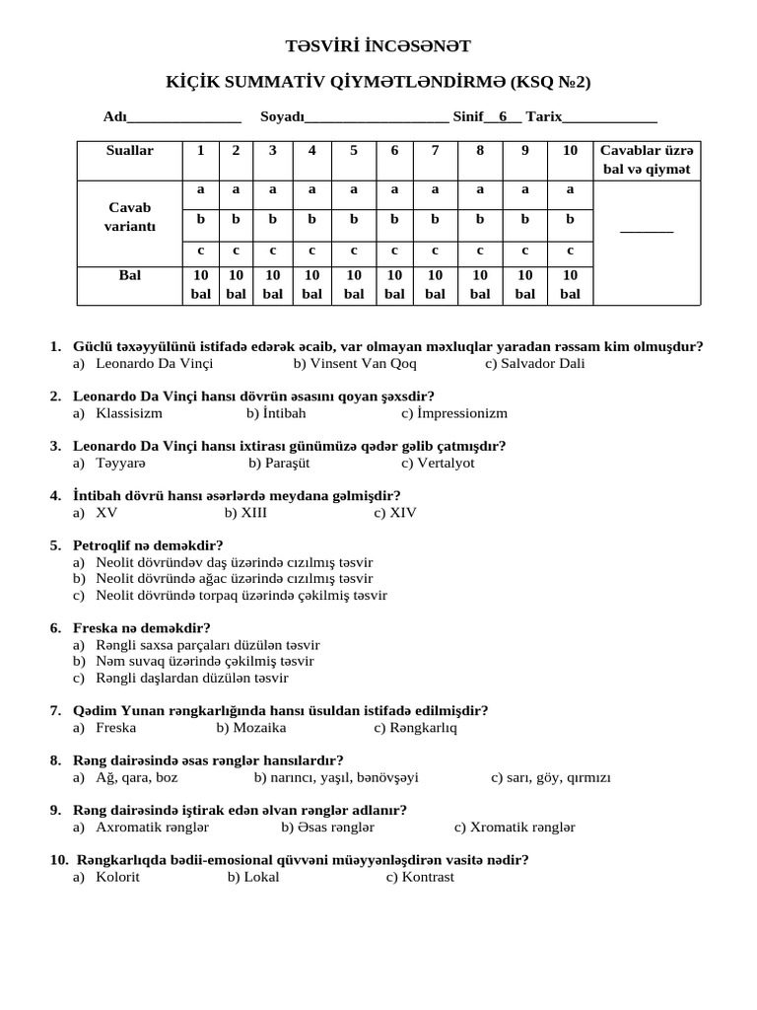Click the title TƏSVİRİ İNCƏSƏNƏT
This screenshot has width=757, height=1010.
pos(378,46)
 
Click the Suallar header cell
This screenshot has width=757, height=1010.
pos(130,151)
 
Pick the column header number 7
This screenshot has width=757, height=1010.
pos(435,151)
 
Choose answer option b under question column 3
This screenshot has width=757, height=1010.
pos(273,219)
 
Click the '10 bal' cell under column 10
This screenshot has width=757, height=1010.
pos(570,284)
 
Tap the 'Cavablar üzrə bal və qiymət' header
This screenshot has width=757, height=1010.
pos(647,160)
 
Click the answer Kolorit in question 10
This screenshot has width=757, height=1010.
pos(117,877)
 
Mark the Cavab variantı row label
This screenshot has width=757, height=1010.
pos(130,217)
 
